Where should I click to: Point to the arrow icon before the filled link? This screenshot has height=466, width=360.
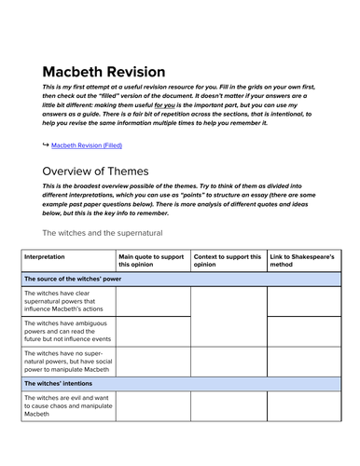coord(45,145)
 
